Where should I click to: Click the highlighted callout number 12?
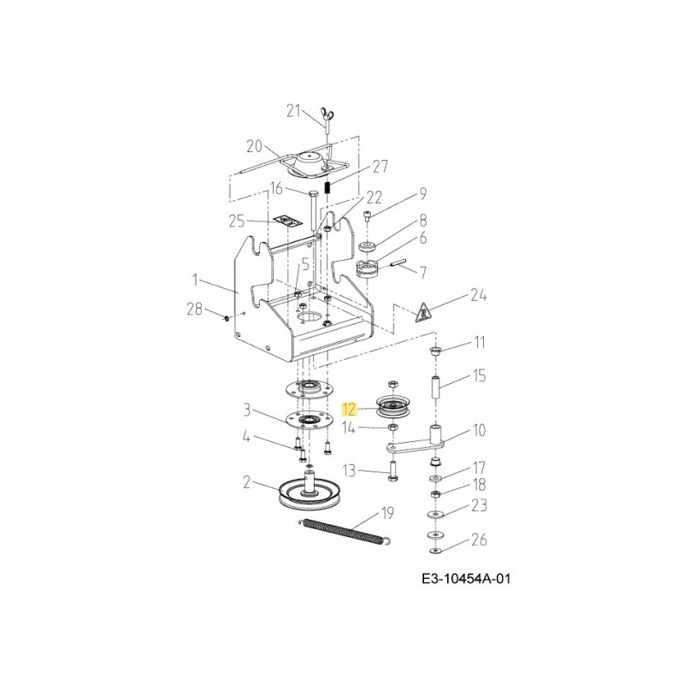[350, 410]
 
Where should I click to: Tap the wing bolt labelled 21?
[327, 122]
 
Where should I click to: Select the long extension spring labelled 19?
[345, 531]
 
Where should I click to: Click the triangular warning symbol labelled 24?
[422, 311]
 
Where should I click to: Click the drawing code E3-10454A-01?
[466, 580]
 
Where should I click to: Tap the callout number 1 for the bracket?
[196, 280]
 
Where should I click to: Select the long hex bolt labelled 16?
[314, 210]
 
